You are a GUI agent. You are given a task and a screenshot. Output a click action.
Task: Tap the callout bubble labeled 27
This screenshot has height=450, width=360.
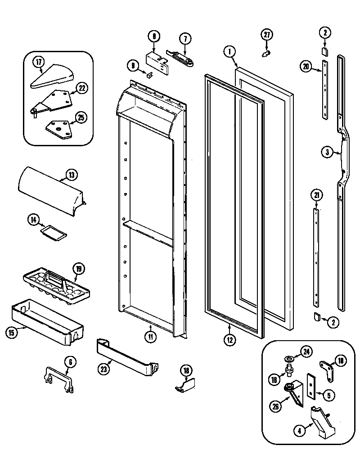pyautogui.click(x=267, y=35)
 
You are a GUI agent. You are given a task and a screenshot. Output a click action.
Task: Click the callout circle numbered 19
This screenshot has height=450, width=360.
pyautogui.click(x=79, y=270)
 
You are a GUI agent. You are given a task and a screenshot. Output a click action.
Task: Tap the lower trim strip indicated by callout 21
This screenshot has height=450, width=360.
pyautogui.click(x=318, y=256)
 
